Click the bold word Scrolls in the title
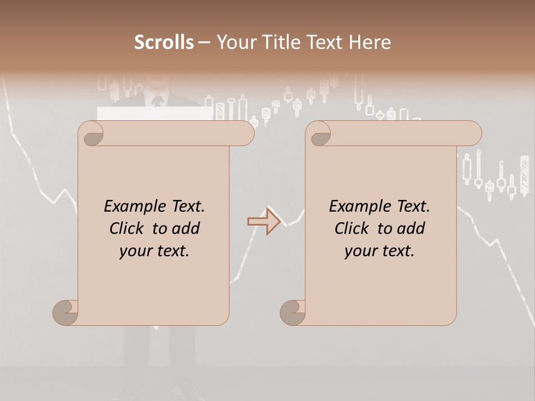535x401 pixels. (164, 42)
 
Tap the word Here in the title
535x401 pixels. (369, 42)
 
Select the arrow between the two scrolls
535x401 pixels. (264, 222)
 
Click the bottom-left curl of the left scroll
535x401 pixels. (66, 313)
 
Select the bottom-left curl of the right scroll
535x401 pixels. (293, 313)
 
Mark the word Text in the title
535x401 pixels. (324, 42)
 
